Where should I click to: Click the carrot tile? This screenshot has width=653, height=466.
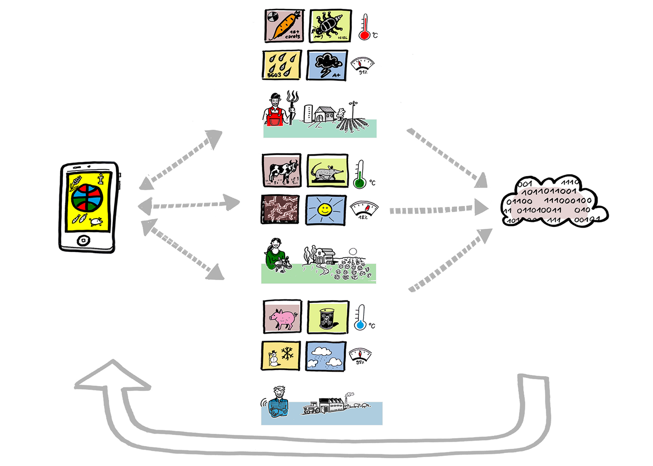tap(284, 26)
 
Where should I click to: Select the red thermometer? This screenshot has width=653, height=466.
tap(365, 27)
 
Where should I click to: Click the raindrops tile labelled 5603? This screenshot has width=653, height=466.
tap(282, 65)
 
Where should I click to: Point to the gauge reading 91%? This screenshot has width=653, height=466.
tap(362, 65)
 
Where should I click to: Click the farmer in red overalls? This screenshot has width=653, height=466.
tap(275, 111)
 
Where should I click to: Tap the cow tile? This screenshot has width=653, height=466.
tap(281, 171)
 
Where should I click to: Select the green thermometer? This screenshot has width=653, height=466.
tap(359, 174)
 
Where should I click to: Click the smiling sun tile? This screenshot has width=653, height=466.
tap(326, 210)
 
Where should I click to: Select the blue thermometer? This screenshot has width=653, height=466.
tap(360, 318)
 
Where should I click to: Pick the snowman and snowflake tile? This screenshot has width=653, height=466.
tap(281, 356)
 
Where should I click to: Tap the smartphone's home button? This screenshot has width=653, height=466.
tap(83, 240)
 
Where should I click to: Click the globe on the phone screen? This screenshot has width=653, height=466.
tap(87, 198)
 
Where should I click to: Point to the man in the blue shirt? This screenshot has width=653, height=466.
tap(278, 402)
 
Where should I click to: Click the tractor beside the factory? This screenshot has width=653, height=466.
tap(312, 408)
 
